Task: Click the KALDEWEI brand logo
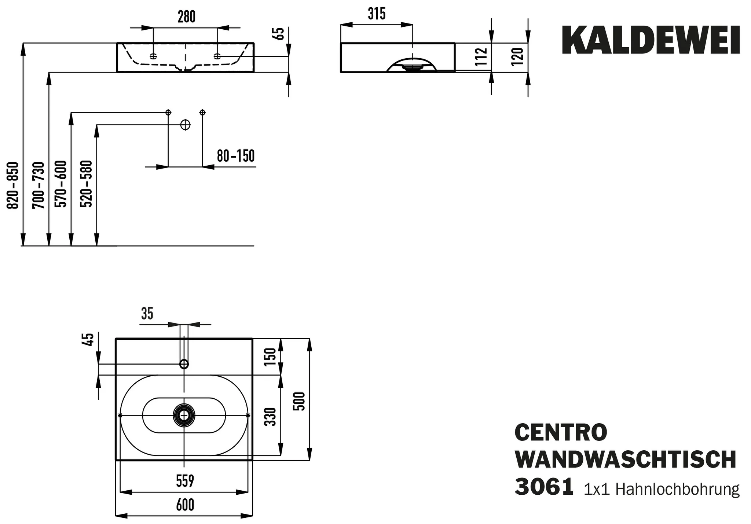pyautogui.click(x=651, y=41)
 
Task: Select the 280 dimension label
pyautogui.click(x=187, y=17)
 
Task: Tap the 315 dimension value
pyautogui.click(x=377, y=14)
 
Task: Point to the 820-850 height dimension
pyautogui.click(x=13, y=185)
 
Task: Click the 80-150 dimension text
pyautogui.click(x=235, y=156)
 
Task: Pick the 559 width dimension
pyautogui.click(x=184, y=481)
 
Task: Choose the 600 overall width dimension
pyautogui.click(x=185, y=505)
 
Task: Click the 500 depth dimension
pyautogui.click(x=300, y=401)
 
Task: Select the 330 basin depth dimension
pyautogui.click(x=270, y=417)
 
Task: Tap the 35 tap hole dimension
pyautogui.click(x=147, y=314)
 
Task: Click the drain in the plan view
pyautogui.click(x=184, y=415)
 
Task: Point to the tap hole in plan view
pyautogui.click(x=184, y=364)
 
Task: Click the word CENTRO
pyautogui.click(x=561, y=433)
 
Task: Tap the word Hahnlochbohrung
pyautogui.click(x=677, y=489)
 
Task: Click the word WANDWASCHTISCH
pyautogui.click(x=626, y=460)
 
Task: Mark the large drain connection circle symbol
pyautogui.click(x=186, y=125)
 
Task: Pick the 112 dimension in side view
pyautogui.click(x=481, y=57)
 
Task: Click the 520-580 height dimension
pyautogui.click(x=87, y=184)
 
